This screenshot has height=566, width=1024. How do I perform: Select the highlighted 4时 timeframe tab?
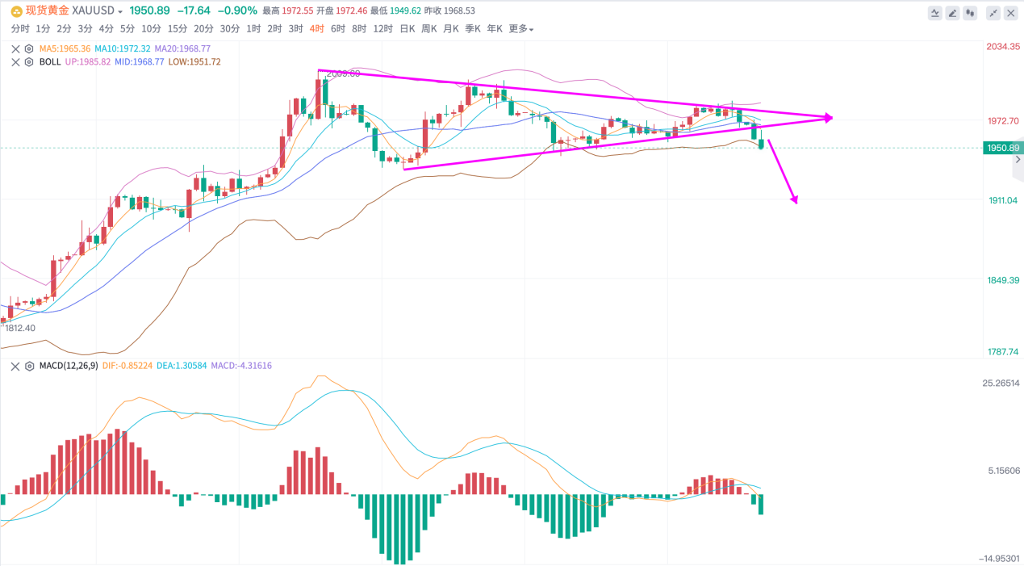point(316,29)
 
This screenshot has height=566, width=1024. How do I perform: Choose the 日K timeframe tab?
point(408,29)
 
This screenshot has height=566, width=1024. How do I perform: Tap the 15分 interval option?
point(178,29)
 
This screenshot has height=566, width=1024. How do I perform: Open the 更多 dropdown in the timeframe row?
point(520,29)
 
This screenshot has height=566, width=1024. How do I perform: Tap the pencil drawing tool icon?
point(952,13)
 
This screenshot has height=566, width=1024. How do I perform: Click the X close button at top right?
point(1012,13)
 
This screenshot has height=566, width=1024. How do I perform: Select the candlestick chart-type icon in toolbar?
point(970,13)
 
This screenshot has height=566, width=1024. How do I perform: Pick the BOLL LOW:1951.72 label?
point(194,62)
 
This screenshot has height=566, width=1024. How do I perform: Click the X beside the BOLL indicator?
point(15,62)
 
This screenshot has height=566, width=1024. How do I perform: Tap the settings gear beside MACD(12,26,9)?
point(29,366)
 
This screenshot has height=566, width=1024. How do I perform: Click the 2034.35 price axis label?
point(1004,47)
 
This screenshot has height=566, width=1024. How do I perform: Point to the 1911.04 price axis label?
point(1004,199)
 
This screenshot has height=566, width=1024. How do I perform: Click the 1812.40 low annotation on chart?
point(20,329)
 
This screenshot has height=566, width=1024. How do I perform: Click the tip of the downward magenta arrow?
point(796,203)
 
